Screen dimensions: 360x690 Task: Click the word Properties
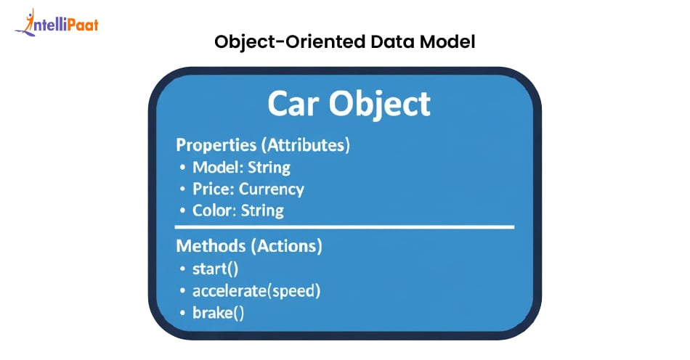[211, 145]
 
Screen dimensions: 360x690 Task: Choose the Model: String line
[241, 168]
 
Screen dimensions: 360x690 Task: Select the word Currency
[272, 190]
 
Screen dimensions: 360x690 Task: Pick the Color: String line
[238, 211]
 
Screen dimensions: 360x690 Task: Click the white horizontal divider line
[345, 227]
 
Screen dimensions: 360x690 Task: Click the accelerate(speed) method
[256, 291]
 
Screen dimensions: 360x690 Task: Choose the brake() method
[218, 313]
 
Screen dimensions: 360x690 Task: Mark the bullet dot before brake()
[182, 314]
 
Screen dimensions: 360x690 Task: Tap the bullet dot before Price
[182, 190]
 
